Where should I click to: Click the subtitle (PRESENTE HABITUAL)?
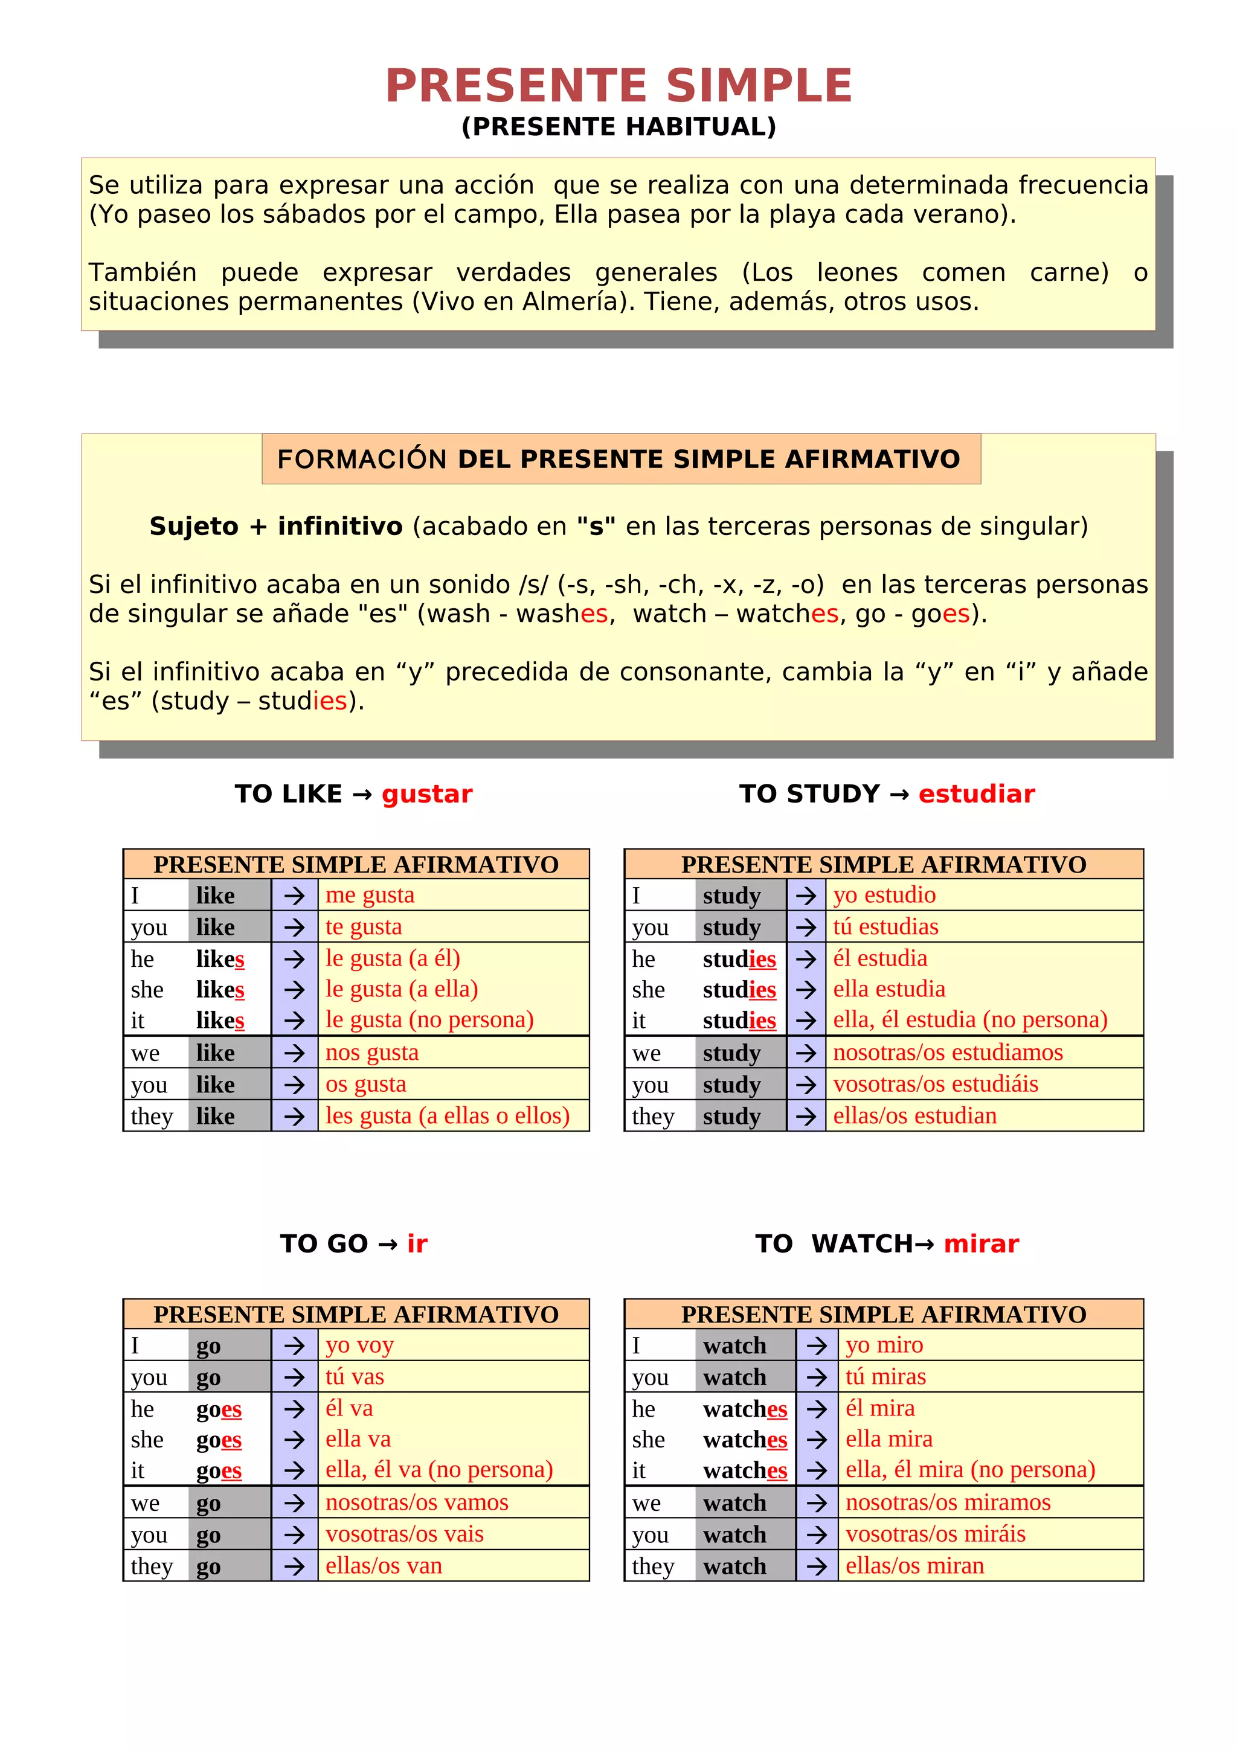click(618, 127)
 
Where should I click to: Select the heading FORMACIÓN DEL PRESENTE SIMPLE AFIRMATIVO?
click(618, 459)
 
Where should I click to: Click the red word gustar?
click(427, 794)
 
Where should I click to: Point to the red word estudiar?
click(976, 794)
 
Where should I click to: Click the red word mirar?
click(981, 1244)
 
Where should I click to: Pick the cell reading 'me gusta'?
click(370, 895)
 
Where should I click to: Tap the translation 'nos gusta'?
click(372, 1053)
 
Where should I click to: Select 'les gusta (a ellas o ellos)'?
click(448, 1116)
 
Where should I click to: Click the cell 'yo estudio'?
click(884, 895)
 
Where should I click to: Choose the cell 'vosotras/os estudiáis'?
click(935, 1084)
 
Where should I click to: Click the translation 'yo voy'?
click(360, 1345)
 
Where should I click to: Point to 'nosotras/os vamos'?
click(417, 1502)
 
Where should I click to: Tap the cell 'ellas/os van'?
click(384, 1566)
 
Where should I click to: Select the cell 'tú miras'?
click(885, 1377)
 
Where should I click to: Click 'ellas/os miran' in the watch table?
click(914, 1566)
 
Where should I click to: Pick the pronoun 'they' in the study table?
click(653, 1117)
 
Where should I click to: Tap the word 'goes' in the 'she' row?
click(219, 1440)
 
